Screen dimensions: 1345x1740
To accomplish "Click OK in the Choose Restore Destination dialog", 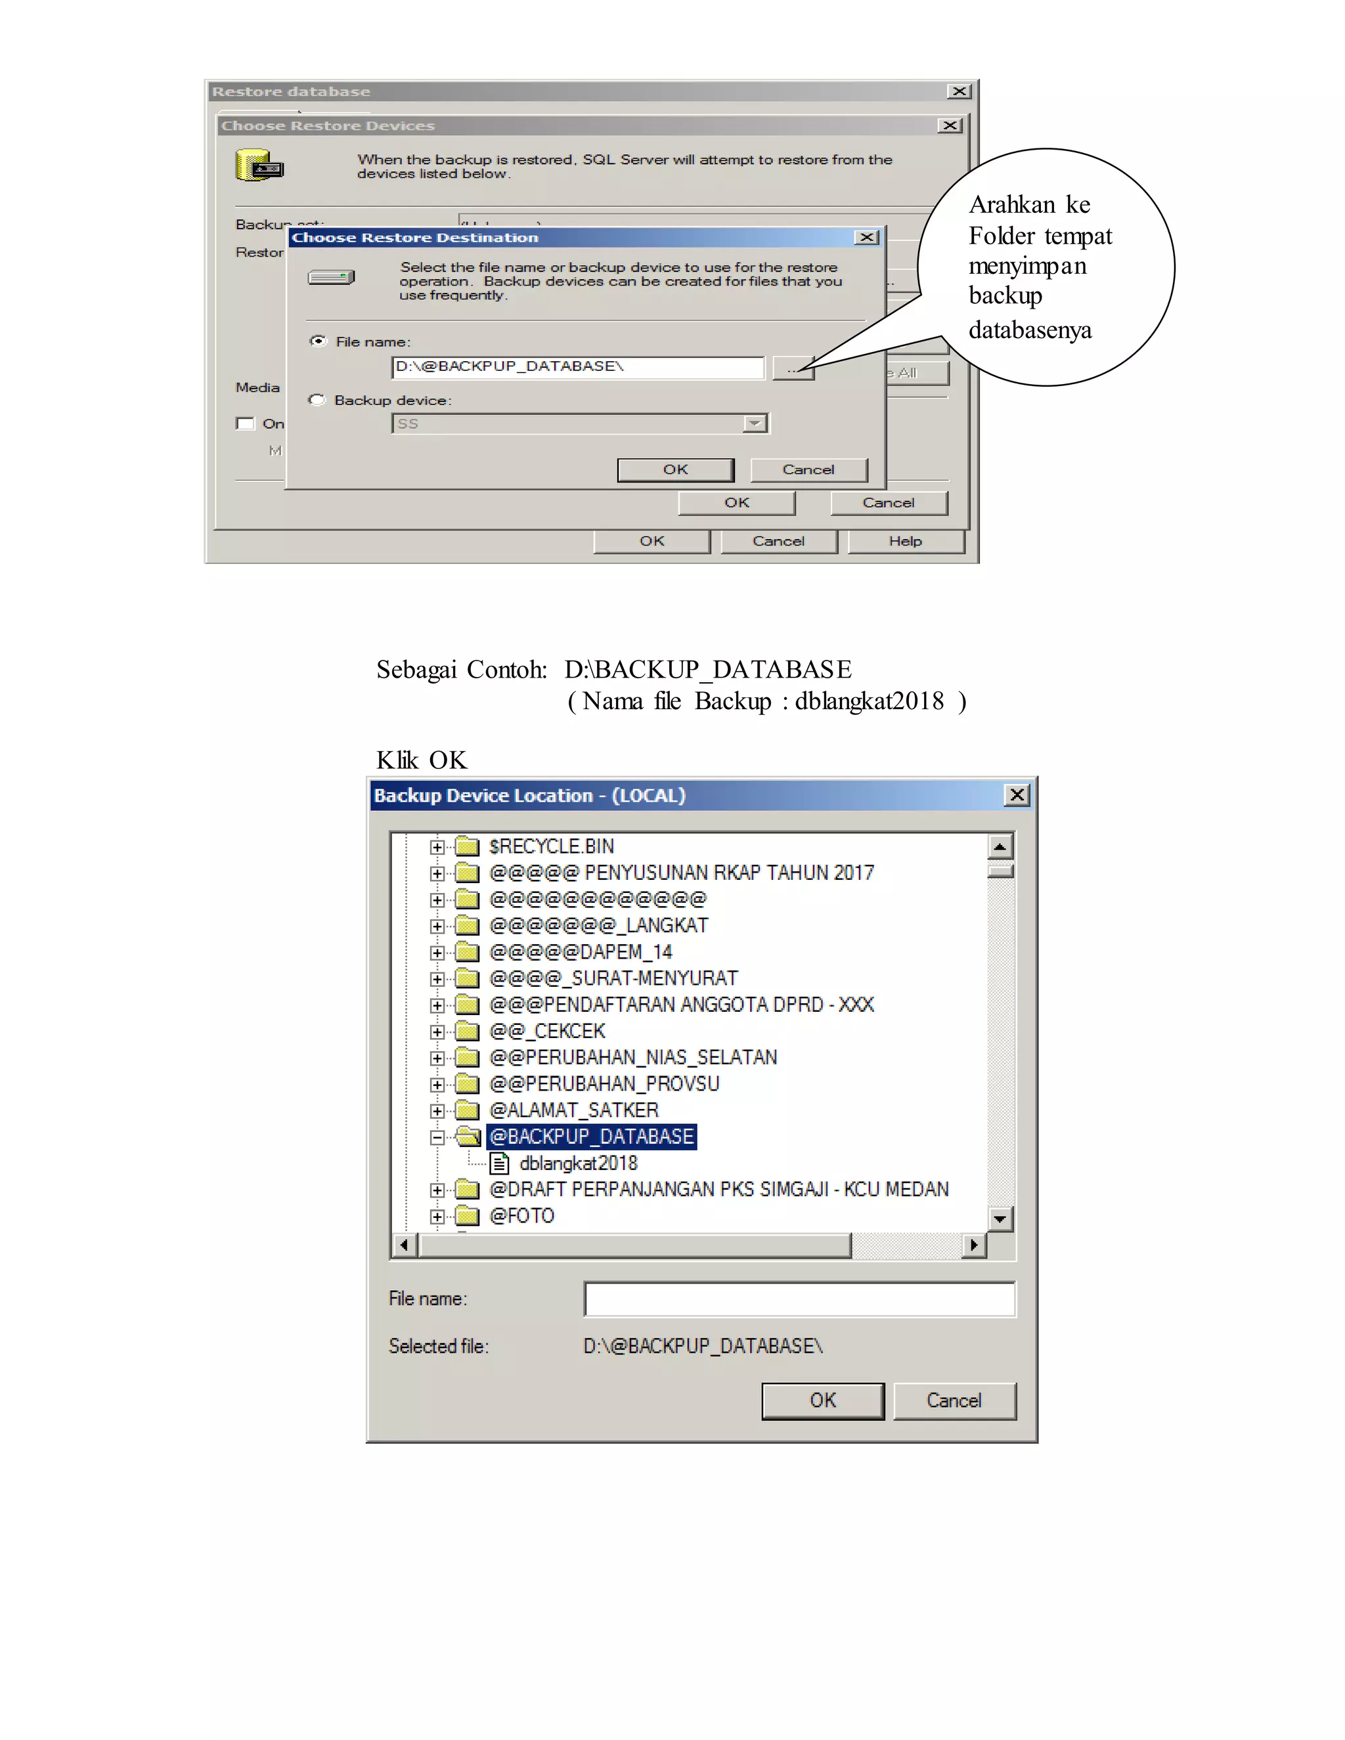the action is [675, 470].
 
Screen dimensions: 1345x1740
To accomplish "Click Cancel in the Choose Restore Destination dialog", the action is [808, 470].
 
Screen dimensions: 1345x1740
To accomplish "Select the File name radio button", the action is [318, 341].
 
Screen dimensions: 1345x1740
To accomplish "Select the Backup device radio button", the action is [317, 400].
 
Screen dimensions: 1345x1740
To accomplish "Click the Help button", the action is [905, 542].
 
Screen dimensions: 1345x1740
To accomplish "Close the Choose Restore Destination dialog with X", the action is [867, 238].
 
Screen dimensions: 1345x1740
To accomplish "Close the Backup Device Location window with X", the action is [1017, 795].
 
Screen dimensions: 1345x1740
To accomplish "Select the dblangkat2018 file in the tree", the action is [578, 1164].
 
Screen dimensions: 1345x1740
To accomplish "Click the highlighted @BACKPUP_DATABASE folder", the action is [591, 1137].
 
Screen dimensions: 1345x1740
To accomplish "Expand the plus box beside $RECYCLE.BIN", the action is [437, 847].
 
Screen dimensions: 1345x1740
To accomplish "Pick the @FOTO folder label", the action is [522, 1216].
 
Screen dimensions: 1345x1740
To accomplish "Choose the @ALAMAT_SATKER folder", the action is [574, 1110].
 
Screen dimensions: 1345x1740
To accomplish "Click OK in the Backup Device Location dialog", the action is [822, 1401].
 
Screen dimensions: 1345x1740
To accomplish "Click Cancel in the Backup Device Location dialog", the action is [954, 1401].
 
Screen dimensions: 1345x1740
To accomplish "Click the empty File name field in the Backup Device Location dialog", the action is [799, 1299].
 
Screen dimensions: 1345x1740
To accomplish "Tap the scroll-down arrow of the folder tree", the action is [1000, 1218].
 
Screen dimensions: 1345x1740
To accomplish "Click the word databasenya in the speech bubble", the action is [1030, 330].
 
